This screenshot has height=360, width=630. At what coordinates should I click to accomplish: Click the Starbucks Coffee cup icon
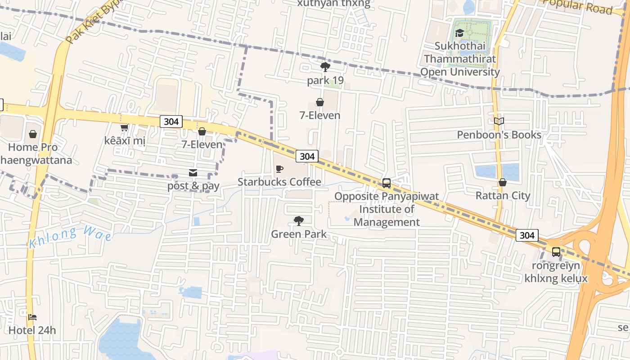point(279,169)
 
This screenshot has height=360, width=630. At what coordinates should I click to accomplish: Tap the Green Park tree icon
point(298,220)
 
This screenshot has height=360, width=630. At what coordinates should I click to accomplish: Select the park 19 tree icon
point(325,67)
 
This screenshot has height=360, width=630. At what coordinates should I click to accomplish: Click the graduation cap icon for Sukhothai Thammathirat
point(459,33)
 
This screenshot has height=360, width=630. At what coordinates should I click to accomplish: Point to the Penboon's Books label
point(499,135)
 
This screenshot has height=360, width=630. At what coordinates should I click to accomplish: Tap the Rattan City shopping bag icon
point(503,182)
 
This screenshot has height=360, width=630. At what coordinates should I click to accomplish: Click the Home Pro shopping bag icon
point(33,134)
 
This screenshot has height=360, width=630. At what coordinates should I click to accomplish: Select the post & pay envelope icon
point(193,173)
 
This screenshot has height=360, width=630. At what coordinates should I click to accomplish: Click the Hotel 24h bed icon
point(32,317)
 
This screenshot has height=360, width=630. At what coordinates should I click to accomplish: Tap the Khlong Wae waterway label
point(71,238)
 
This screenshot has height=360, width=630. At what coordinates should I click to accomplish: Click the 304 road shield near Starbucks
point(307,156)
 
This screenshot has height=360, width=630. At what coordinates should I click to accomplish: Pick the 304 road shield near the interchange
point(526,235)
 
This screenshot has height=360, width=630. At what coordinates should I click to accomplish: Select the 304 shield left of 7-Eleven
point(171,121)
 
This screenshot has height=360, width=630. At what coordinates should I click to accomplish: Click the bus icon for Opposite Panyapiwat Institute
point(386,183)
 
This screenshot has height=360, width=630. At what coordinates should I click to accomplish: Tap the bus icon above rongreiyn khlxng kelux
point(556,252)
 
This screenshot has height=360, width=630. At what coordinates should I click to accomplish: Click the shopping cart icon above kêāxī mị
point(124,128)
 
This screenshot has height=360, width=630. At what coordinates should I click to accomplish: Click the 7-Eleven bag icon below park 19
point(320,102)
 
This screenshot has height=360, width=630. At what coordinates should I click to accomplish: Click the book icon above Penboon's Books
point(499,121)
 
